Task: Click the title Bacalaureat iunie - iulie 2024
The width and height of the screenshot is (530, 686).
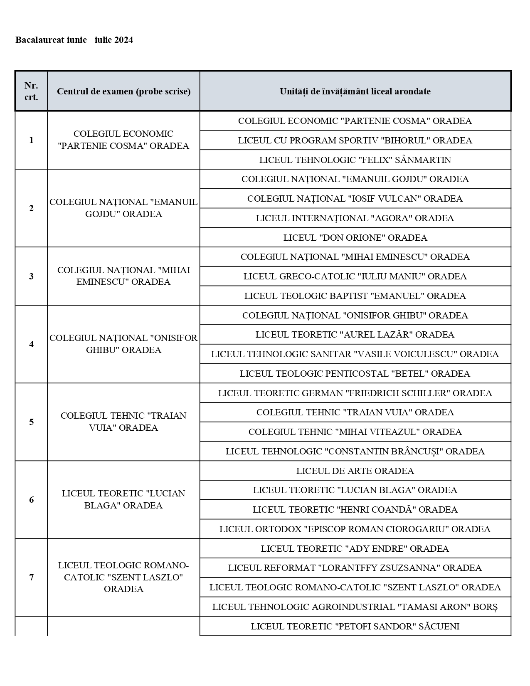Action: (74, 40)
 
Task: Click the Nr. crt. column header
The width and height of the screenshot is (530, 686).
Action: (31, 91)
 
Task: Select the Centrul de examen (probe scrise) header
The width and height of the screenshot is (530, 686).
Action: (123, 91)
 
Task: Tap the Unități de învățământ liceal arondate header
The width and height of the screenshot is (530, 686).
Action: (355, 91)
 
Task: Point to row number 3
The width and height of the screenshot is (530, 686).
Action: (31, 276)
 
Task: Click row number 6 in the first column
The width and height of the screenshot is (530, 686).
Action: (31, 500)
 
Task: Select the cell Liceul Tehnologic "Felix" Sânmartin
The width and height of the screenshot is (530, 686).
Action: (355, 160)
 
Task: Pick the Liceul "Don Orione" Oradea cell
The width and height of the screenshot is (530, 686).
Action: (355, 237)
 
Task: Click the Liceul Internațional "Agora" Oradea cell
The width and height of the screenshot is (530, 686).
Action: (355, 218)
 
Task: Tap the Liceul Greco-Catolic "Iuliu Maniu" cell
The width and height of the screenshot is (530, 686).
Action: (355, 276)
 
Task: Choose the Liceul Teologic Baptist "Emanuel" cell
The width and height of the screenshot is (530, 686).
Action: (355, 296)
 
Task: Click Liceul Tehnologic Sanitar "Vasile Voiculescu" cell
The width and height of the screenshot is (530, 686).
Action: (355, 354)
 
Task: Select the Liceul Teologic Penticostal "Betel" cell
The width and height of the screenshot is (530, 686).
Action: (355, 373)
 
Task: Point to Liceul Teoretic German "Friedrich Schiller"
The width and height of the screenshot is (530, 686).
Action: (355, 393)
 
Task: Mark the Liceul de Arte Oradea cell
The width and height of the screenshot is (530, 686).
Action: (355, 471)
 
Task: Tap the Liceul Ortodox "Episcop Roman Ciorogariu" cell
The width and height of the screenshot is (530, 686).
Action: (355, 529)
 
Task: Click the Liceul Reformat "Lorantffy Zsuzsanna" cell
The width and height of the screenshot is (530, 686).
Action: (355, 568)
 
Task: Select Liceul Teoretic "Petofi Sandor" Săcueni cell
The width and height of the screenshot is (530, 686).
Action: (355, 626)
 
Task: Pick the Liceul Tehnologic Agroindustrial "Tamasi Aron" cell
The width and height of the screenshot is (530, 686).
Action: (355, 607)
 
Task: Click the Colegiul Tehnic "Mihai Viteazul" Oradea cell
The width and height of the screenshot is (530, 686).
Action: (355, 432)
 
